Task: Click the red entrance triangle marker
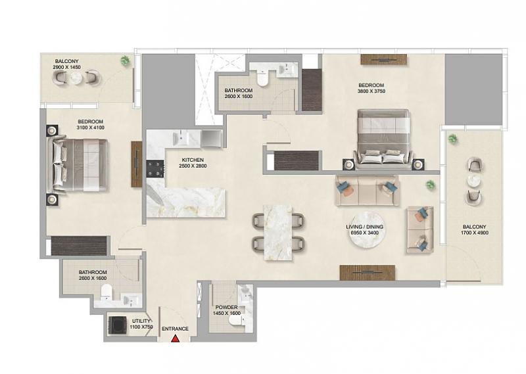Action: click(175, 339)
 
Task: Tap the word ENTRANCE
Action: click(175, 329)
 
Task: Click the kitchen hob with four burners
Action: click(155, 168)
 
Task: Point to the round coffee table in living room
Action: click(366, 230)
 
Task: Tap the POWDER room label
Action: click(226, 307)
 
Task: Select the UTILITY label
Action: click(141, 321)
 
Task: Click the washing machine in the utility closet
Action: click(118, 325)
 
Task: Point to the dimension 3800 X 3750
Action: click(371, 91)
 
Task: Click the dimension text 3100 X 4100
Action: click(90, 128)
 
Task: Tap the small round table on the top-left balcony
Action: click(77, 78)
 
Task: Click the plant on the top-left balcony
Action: click(125, 60)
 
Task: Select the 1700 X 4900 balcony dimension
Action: click(475, 233)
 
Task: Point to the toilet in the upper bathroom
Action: click(261, 78)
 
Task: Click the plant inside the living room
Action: click(430, 185)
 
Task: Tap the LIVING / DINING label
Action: click(365, 227)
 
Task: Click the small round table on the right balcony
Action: click(474, 181)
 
